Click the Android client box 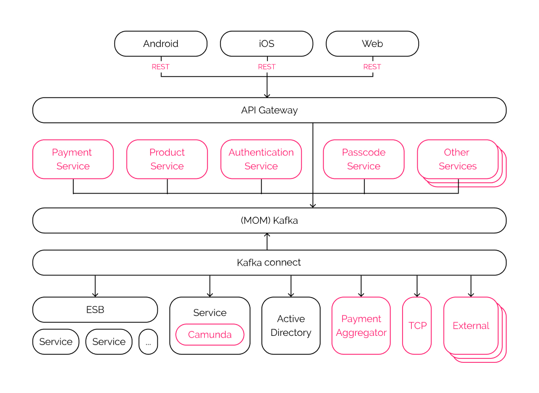(x=161, y=44)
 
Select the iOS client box (x=266, y=44)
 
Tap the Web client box (x=372, y=44)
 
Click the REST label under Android (x=161, y=67)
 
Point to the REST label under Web (x=372, y=67)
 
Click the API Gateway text (x=269, y=111)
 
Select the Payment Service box (x=73, y=159)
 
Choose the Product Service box (x=167, y=159)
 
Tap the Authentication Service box (x=261, y=159)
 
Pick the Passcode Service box (x=363, y=159)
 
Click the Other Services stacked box (x=458, y=160)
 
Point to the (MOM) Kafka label (x=269, y=220)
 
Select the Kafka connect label (x=269, y=263)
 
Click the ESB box (x=95, y=310)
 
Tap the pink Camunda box (x=210, y=335)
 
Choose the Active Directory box (x=291, y=326)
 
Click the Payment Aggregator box (x=361, y=326)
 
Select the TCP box (x=417, y=326)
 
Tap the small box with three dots (x=148, y=342)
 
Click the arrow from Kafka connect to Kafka (x=267, y=242)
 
